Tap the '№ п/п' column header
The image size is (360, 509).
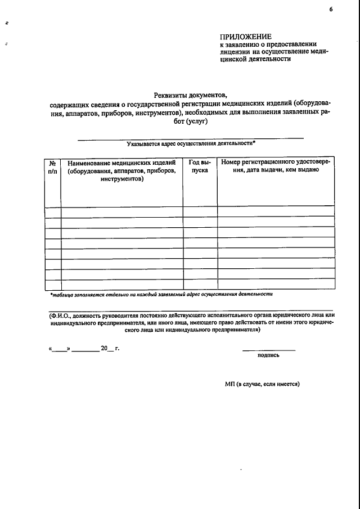click(53, 166)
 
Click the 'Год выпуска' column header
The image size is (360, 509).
click(200, 166)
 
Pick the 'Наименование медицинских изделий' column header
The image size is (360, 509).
click(122, 163)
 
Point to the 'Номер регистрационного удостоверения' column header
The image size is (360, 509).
click(276, 163)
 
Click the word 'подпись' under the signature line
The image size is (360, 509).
click(268, 355)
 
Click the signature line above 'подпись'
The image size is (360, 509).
click(268, 350)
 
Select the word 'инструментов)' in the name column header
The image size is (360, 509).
click(122, 179)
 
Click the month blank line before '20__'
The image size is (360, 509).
click(85, 349)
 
